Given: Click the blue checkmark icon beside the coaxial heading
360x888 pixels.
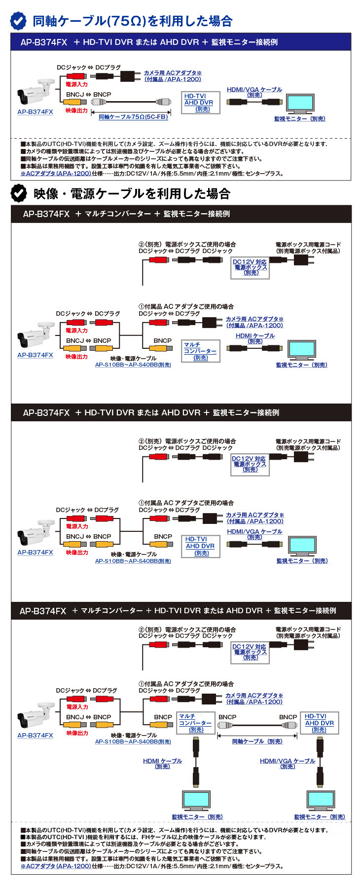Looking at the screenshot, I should pyautogui.click(x=19, y=21).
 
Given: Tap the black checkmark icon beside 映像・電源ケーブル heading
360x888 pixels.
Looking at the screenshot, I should pyautogui.click(x=19, y=193).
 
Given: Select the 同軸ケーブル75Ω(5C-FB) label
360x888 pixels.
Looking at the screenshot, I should pyautogui.click(x=133, y=117).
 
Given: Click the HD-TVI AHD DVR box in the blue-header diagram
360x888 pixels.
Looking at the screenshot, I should pyautogui.click(x=199, y=103).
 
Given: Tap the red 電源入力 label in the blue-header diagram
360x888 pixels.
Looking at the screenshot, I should pyautogui.click(x=76, y=84).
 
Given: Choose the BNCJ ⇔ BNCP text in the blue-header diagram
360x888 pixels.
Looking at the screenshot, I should pyautogui.click(x=88, y=94).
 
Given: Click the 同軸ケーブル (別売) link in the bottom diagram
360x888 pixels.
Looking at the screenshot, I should pyautogui.click(x=257, y=741).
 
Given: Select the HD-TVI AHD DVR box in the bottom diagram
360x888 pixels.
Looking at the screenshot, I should pyautogui.click(x=319, y=723).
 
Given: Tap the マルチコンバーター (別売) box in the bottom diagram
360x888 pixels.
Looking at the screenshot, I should pyautogui.click(x=195, y=723).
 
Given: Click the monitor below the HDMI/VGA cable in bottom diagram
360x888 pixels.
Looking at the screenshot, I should pyautogui.click(x=321, y=802).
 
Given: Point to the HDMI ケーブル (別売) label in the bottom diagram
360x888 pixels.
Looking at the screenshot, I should pyautogui.click(x=162, y=763).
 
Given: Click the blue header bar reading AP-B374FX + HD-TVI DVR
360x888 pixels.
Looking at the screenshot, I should pyautogui.click(x=181, y=42).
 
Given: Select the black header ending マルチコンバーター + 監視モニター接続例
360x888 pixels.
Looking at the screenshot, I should pyautogui.click(x=181, y=214).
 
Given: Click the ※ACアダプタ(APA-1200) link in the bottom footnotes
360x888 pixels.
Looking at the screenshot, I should pyautogui.click(x=56, y=866).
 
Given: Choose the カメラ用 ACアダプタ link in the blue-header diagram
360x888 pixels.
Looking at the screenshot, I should pyautogui.click(x=173, y=76).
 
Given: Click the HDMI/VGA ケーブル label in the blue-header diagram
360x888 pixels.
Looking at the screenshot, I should pyautogui.click(x=254, y=92).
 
